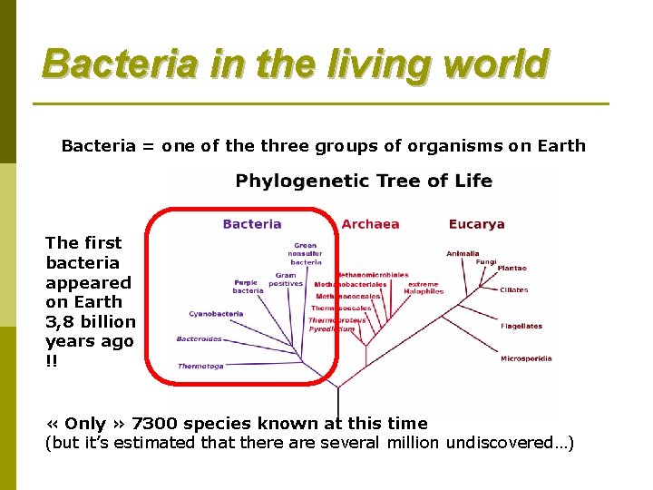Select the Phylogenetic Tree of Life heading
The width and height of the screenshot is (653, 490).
point(364,181)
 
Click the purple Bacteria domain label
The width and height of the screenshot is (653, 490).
point(252,224)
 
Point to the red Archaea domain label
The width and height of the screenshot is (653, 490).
point(370,224)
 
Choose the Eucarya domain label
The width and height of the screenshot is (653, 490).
point(476,224)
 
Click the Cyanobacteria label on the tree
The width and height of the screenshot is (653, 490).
point(216,314)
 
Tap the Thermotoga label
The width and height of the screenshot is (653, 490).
point(200,366)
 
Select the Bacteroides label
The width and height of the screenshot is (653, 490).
point(199,339)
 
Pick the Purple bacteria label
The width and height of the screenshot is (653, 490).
point(248,287)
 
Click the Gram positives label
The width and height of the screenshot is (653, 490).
point(286,279)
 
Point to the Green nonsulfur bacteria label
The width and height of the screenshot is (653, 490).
point(306,253)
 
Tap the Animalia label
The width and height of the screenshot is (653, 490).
point(463,254)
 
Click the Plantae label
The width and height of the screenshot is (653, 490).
point(512,269)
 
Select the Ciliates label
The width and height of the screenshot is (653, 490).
point(513,290)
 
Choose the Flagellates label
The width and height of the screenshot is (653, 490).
point(521,326)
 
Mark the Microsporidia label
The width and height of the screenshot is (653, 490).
point(526,358)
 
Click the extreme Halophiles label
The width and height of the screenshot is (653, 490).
point(425,288)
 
